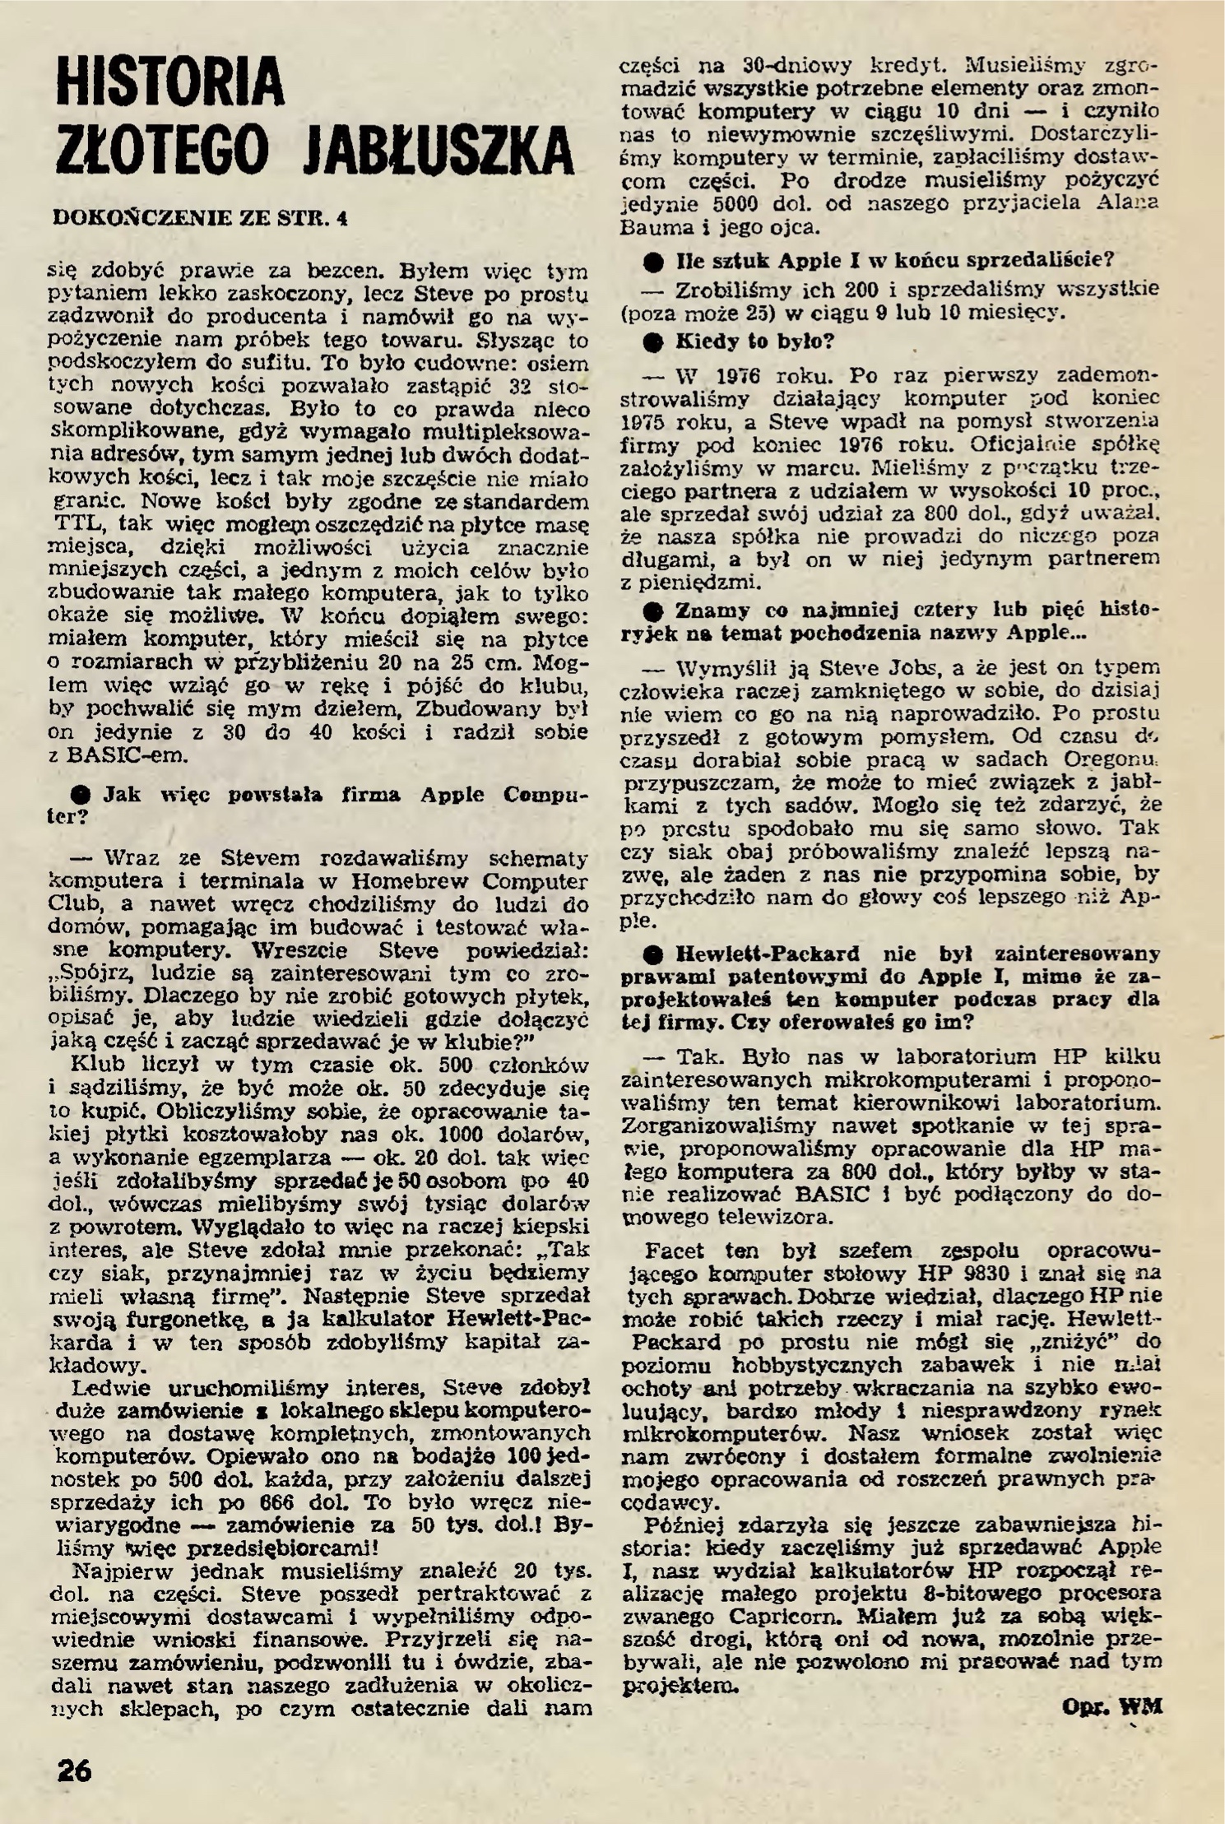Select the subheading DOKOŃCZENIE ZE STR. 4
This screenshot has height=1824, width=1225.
[199, 219]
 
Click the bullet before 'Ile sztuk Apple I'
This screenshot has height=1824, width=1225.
[654, 262]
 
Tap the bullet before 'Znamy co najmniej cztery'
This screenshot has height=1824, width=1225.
[654, 612]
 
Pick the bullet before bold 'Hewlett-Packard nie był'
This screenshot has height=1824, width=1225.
[654, 955]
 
